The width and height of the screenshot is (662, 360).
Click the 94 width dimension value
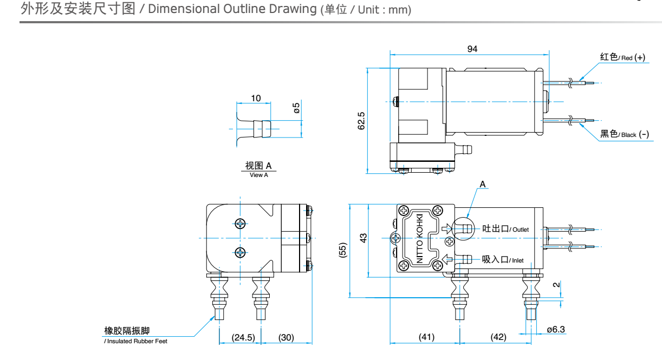472,49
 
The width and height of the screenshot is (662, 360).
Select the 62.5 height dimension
361,121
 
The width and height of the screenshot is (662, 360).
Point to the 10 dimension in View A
256,98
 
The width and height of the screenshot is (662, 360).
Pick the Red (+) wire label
622,57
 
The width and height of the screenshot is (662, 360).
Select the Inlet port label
503,260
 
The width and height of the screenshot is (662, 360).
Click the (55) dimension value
342,250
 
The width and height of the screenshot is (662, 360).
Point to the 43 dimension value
364,238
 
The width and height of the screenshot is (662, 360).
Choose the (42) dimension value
498,337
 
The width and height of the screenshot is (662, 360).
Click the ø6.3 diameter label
556,329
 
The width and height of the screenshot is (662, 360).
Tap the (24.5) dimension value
243,337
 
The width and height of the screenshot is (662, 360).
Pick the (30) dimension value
286,337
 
